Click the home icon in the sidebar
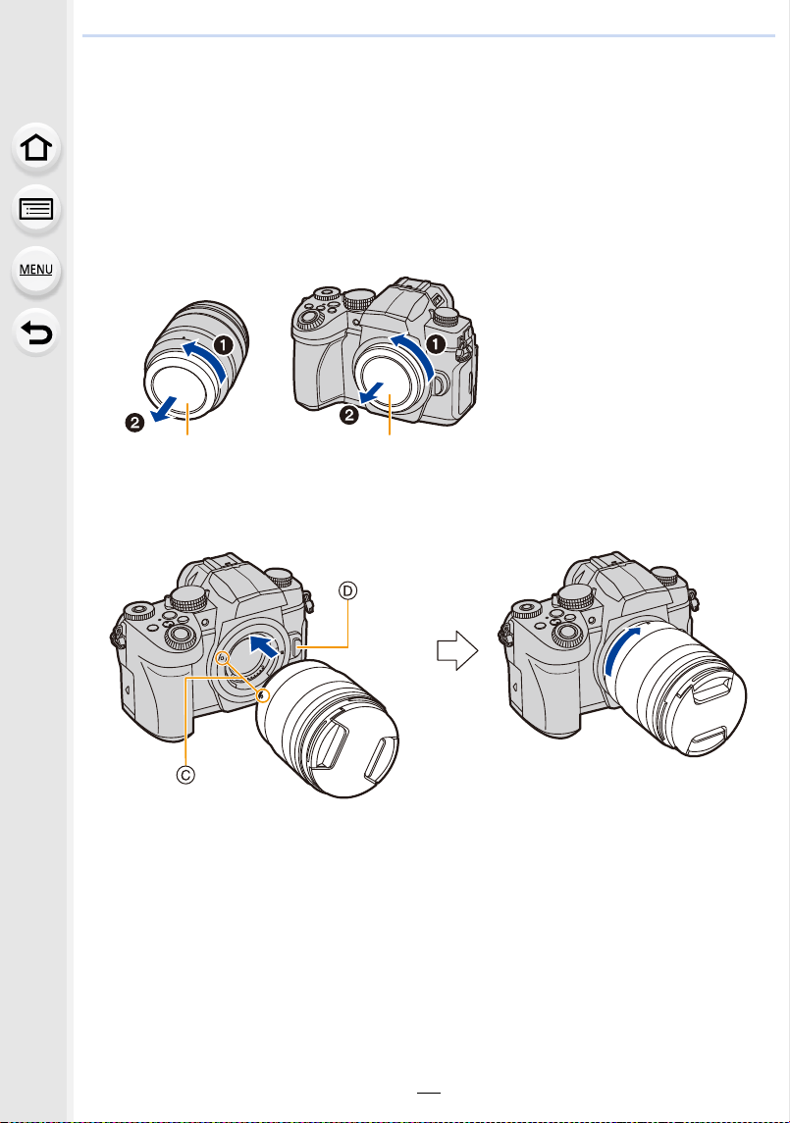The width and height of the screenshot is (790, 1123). pos(36,147)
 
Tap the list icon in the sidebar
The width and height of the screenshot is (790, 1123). pos(36,209)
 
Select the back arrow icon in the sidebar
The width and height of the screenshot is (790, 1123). pos(36,332)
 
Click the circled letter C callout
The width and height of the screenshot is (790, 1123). pos(185,775)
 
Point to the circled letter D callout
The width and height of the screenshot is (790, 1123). pos(347,590)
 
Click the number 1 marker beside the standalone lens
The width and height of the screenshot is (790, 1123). pos(225,345)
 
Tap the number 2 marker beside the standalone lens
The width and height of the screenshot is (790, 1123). pos(134,423)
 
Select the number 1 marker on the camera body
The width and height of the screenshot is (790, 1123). pos(435,344)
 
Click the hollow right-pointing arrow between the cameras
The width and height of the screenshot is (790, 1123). pos(457,650)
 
